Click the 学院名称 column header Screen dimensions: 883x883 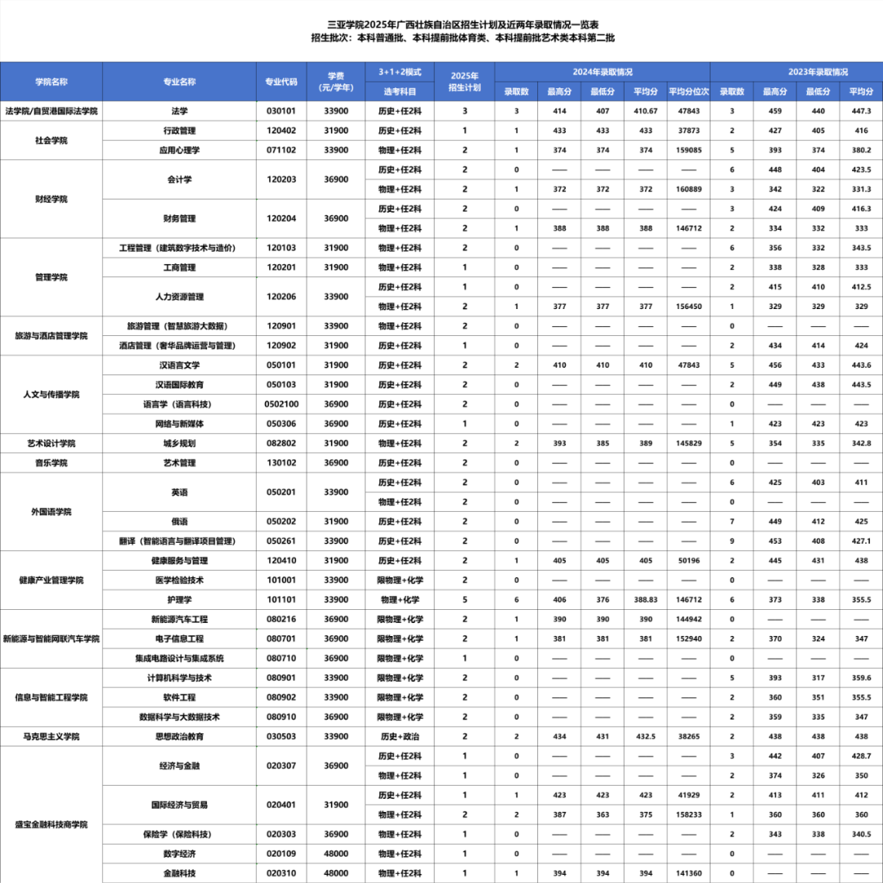[x=51, y=82]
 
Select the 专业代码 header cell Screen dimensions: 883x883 [x=281, y=82]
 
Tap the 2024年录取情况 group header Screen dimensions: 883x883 [x=603, y=72]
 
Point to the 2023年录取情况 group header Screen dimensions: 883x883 [x=796, y=72]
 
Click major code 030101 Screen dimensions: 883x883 [x=281, y=111]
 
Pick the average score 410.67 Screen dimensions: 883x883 [x=646, y=111]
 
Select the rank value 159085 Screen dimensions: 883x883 [x=689, y=150]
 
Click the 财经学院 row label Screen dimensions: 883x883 [x=51, y=199]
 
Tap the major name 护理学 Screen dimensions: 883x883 [x=179, y=599]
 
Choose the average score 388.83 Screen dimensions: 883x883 [x=646, y=599]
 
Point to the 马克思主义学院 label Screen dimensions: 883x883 [x=51, y=737]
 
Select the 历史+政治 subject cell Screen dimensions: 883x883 [x=401, y=737]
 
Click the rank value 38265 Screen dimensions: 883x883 [x=689, y=737]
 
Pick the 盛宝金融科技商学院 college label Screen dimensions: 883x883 [x=51, y=824]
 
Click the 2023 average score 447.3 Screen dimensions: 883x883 [x=861, y=111]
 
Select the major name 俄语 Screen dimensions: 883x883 [x=179, y=522]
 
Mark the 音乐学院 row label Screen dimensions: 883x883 [x=51, y=463]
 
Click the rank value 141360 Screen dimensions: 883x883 [x=689, y=873]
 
